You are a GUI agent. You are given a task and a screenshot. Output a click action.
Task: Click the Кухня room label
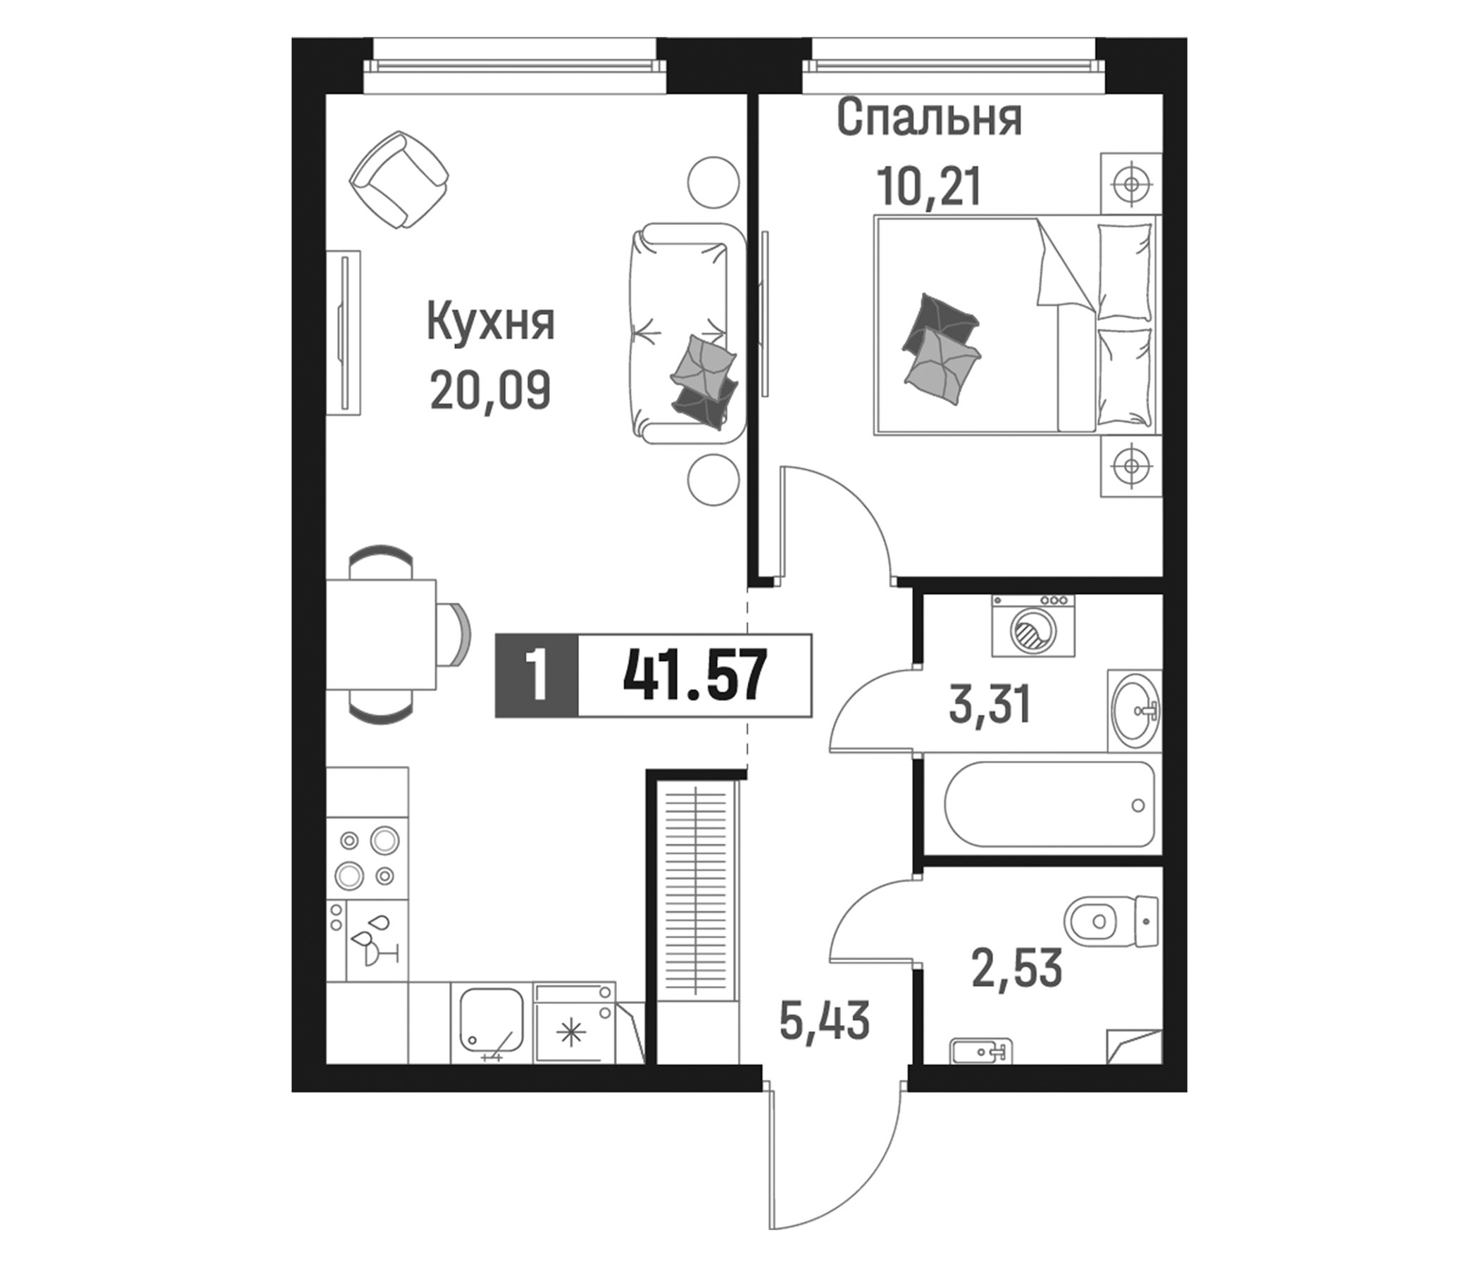click(490, 324)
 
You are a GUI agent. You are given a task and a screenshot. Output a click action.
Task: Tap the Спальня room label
click(929, 118)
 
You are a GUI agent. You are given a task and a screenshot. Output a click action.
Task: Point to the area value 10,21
click(929, 188)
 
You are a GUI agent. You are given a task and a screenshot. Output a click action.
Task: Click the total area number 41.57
click(694, 675)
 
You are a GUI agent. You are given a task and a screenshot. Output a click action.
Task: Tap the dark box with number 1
click(536, 675)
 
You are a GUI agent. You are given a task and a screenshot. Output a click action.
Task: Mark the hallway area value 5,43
click(825, 1021)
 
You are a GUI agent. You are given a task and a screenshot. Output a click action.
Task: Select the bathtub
click(1049, 805)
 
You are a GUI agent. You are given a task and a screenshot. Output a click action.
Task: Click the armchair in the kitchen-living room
click(399, 179)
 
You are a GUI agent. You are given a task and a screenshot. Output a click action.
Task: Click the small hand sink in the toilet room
click(980, 1050)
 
